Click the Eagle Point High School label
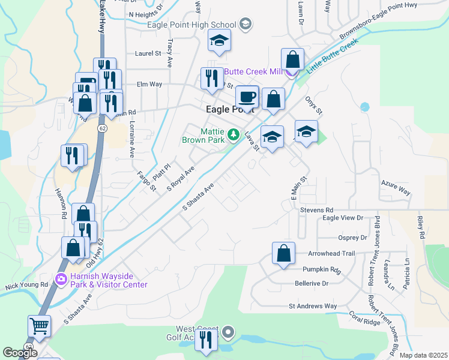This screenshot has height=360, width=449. coord(191,25)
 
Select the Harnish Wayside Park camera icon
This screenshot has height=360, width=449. coord(61,279)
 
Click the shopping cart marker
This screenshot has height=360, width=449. coord(39,326)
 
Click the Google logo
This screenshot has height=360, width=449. coord(20,353)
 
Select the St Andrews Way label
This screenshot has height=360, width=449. coord(313,306)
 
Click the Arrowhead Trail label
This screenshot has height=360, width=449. coord(328,254)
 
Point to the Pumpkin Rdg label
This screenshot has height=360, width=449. coord(322,269)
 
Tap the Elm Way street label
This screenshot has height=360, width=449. coord(149,84)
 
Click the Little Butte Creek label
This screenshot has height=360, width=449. coord(332,56)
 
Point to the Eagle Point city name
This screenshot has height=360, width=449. coord(230,110)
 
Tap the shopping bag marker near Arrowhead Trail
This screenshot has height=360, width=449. coord(283,253)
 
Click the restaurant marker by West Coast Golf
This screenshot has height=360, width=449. coord(208,340)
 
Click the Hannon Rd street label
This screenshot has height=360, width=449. coord(62,199)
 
